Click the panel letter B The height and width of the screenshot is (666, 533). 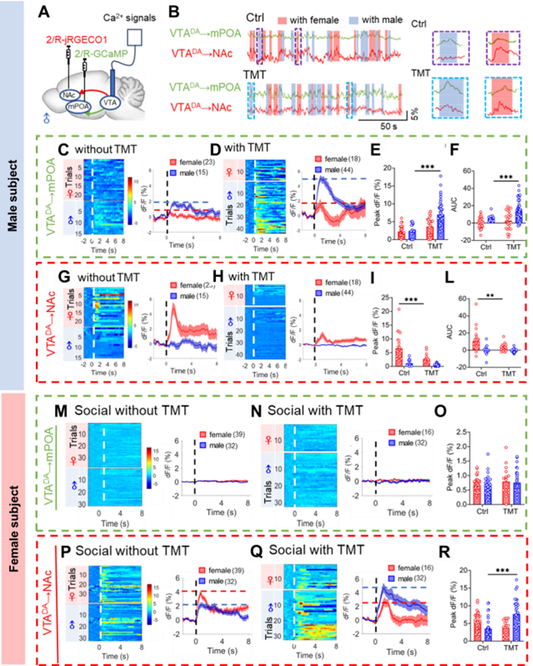coord(174,14)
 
